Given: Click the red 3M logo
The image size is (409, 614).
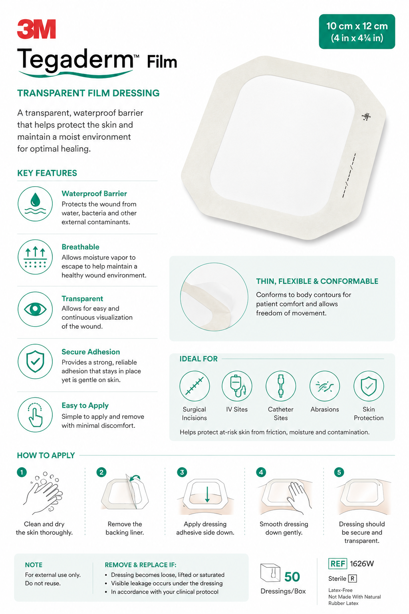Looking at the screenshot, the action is (x=36, y=29).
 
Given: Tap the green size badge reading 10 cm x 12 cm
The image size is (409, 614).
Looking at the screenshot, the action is (x=357, y=32).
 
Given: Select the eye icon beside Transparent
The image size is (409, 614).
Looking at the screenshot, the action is (x=35, y=309).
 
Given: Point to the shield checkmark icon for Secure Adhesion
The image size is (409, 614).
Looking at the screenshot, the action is (x=35, y=361).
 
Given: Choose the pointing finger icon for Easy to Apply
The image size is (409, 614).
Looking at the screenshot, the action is (x=35, y=415).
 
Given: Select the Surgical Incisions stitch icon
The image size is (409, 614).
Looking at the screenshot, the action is (x=195, y=386).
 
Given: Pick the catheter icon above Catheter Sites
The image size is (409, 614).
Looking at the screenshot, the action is (x=281, y=386).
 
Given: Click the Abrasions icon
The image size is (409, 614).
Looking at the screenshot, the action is (x=325, y=386).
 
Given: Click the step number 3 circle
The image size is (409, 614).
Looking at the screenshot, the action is (x=182, y=472).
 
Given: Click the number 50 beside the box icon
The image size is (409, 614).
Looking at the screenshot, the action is (x=292, y=577).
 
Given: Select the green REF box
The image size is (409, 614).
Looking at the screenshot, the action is (x=338, y=564).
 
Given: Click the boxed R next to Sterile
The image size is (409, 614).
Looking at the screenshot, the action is (x=352, y=578).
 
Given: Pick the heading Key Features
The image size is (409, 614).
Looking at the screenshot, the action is (x=47, y=173).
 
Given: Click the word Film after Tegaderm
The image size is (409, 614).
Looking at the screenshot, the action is (x=162, y=62).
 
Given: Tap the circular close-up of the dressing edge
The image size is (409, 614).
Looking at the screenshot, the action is (x=214, y=297).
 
